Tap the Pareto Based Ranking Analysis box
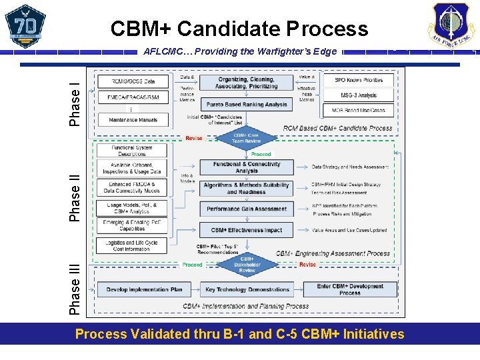coord(247,105)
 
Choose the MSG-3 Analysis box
coord(358,95)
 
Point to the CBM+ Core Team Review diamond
coord(247,137)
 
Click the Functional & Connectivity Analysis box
coord(247,167)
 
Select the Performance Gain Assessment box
coord(247,209)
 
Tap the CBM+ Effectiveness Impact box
coord(247,230)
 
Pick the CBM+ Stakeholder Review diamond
coord(247,265)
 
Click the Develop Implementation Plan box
coord(144,289)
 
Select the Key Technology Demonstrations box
coord(247,289)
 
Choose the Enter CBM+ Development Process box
coord(349,289)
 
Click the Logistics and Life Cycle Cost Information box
coord(131,246)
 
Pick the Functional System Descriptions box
coord(131,151)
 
